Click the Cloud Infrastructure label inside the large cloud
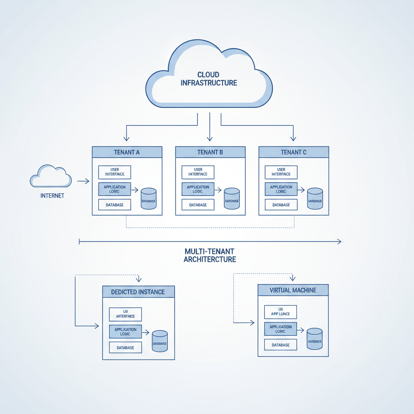click(209, 79)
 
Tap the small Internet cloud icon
click(51, 176)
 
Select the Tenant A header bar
click(127, 152)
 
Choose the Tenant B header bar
click(210, 152)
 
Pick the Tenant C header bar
click(294, 152)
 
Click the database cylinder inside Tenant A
click(148, 199)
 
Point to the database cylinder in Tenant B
click(232, 199)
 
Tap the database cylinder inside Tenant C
click(315, 199)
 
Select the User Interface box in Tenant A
click(115, 172)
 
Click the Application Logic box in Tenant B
click(198, 189)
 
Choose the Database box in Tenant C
click(281, 205)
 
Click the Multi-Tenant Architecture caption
click(210, 255)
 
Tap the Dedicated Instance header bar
click(138, 291)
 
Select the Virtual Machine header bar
click(293, 290)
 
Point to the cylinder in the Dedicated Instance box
click(160, 341)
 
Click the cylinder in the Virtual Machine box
click(315, 339)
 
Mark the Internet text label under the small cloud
click(52, 196)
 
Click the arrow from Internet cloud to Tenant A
click(83, 182)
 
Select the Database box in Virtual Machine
click(281, 345)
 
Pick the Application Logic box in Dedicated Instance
click(125, 332)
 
